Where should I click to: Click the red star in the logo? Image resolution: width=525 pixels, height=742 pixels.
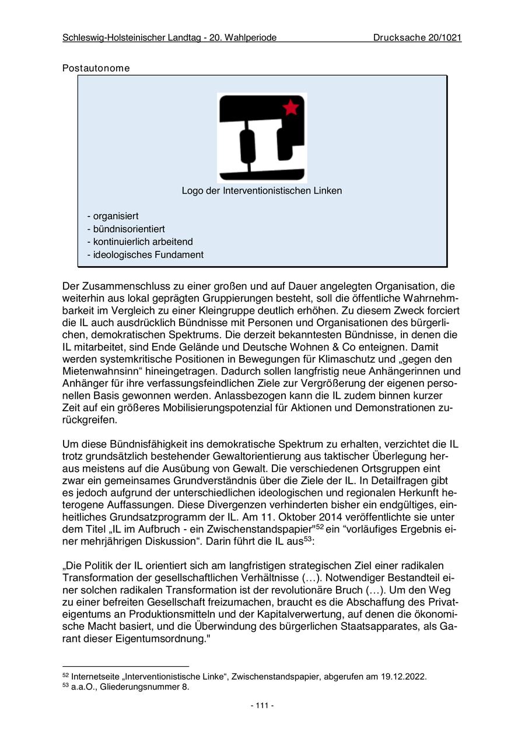[x=290, y=107]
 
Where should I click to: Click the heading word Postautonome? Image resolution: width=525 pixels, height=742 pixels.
[x=96, y=68]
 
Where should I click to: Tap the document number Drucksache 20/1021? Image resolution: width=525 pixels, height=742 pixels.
[x=417, y=38]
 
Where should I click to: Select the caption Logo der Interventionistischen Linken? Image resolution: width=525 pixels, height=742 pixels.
[x=262, y=191]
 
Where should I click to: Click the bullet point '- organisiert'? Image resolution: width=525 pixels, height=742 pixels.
[x=113, y=216]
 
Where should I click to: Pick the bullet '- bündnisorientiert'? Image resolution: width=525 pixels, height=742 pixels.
[x=125, y=229]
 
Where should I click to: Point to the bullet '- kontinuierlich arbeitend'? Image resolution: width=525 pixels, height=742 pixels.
[x=139, y=242]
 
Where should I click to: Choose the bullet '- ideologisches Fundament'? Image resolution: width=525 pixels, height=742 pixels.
[x=145, y=254]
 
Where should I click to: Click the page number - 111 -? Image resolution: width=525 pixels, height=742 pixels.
[x=262, y=705]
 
